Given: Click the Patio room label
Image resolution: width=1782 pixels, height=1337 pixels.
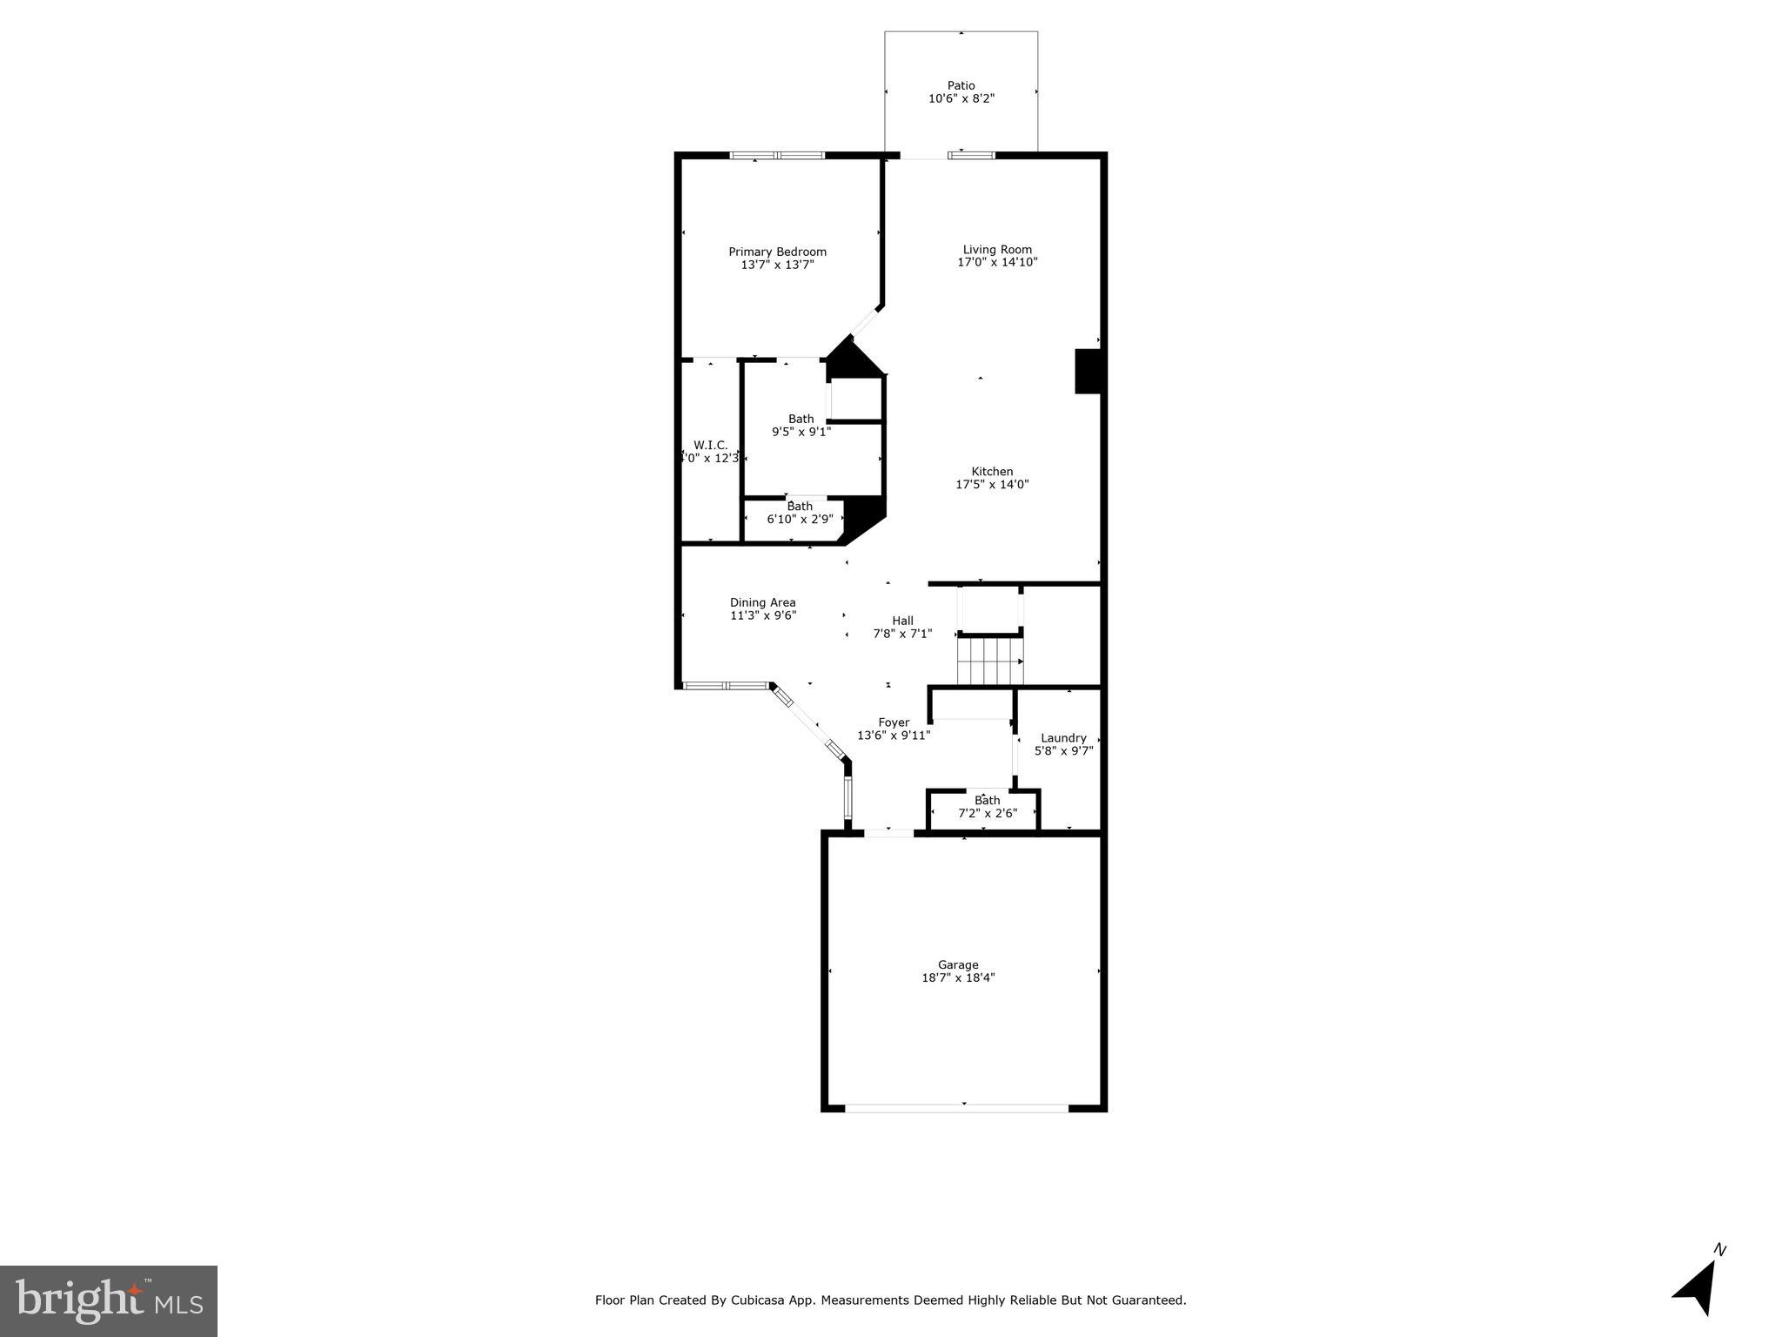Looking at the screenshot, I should point(961,85).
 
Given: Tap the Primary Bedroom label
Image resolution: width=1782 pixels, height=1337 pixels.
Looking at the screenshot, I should point(777,252).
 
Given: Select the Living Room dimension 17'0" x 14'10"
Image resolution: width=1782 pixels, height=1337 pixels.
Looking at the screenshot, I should point(997,262).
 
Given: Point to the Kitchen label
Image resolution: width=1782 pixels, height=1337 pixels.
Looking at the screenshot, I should point(992,472).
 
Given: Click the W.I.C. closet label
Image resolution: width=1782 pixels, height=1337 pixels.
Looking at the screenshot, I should point(710,445).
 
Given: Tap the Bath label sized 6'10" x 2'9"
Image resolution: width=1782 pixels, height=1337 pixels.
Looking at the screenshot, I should point(799,506).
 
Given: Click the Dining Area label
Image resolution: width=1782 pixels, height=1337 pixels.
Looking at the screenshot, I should point(762,602).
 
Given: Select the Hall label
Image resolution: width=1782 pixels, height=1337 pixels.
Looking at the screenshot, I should point(902,621).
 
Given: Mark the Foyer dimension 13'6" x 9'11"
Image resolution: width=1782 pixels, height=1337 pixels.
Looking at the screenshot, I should point(894,736).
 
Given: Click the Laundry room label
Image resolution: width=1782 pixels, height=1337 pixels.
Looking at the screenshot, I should point(1063,738).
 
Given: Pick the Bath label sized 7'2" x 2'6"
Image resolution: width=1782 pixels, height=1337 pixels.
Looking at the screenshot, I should point(987,801).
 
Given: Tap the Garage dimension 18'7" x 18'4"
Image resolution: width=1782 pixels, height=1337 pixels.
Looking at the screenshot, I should point(958,978).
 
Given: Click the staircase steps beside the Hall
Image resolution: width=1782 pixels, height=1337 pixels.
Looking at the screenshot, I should point(989,662).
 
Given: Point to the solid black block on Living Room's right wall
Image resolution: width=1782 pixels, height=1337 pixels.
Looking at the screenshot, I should point(1088,371).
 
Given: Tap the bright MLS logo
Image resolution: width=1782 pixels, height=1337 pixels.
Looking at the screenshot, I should point(109,1301).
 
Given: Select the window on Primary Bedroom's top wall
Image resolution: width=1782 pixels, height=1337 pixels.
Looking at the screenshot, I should point(776,156).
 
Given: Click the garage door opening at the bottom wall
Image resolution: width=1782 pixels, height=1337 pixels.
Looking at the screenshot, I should point(956,1108).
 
